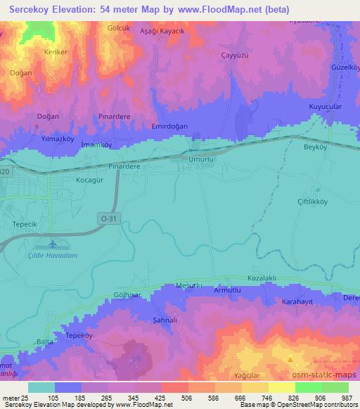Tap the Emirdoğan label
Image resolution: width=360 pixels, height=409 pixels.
(172, 126)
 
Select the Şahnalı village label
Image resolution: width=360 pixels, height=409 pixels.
(166, 320)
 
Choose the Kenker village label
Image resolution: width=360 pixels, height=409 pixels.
(36, 52)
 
